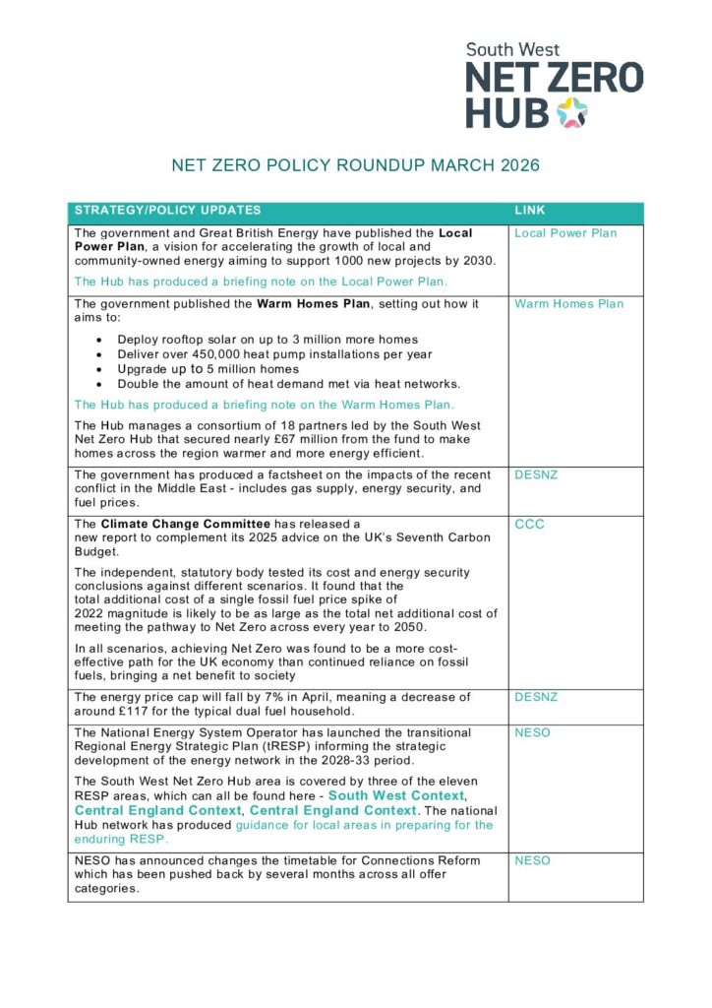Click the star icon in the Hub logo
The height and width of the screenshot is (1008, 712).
point(571,114)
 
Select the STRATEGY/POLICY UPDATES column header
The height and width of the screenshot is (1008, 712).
point(168,211)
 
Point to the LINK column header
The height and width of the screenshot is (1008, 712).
point(530,211)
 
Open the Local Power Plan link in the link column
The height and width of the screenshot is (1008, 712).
point(565,233)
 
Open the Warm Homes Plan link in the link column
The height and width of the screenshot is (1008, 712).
point(568,304)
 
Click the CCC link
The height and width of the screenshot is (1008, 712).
point(529,525)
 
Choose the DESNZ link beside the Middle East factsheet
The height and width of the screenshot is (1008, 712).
point(536,474)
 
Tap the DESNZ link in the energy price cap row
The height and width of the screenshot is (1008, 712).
point(536,697)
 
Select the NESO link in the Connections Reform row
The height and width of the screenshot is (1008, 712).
point(532,861)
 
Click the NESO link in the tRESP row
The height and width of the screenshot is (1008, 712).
point(532,733)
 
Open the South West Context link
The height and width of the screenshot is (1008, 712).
point(395,795)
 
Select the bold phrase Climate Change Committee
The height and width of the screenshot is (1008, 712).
point(183,525)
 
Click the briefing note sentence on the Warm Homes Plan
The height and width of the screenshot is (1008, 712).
point(265,405)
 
